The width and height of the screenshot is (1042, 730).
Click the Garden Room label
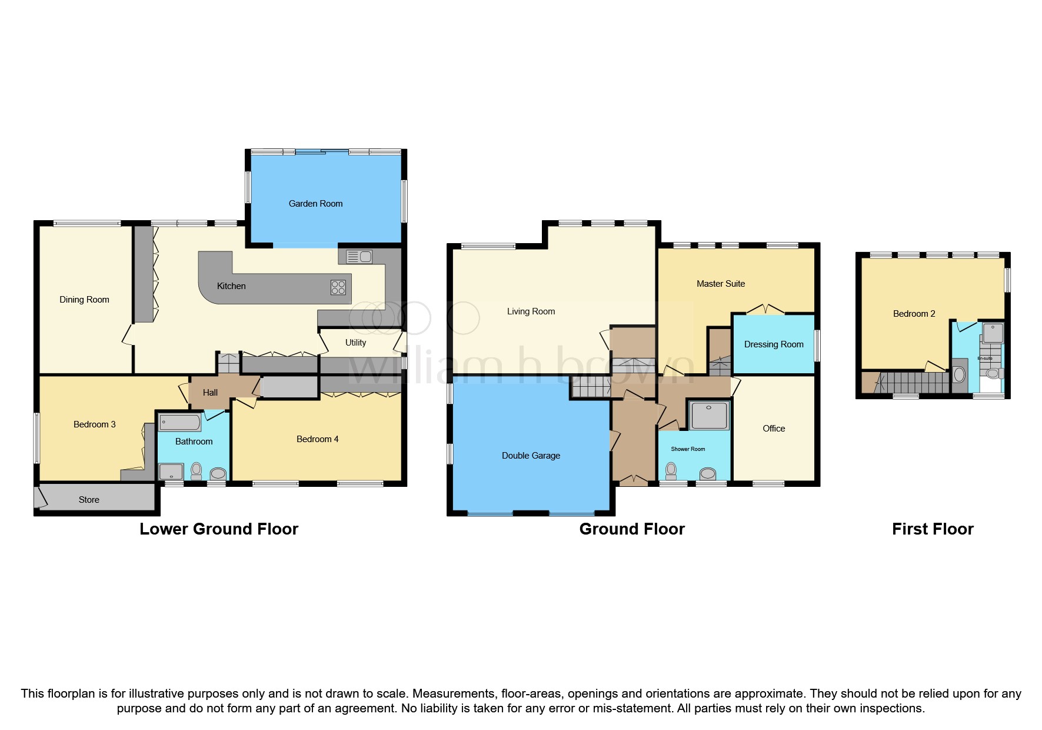(315, 204)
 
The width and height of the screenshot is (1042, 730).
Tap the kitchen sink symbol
(359, 257)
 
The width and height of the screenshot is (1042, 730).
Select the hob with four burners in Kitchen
(338, 287)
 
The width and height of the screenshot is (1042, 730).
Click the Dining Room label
(84, 300)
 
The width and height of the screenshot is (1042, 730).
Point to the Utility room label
(355, 343)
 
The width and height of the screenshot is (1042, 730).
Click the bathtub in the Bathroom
(180, 422)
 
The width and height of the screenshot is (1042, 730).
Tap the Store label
(89, 500)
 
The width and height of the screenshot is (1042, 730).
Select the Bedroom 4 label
(317, 439)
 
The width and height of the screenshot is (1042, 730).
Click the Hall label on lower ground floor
(210, 393)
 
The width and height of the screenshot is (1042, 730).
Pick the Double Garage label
(531, 456)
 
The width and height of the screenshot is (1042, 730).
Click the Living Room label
(531, 311)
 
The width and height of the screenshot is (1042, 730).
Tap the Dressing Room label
(773, 344)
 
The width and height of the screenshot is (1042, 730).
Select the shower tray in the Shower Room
(709, 416)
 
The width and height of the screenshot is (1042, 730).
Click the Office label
(773, 429)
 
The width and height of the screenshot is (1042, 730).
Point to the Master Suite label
(720, 284)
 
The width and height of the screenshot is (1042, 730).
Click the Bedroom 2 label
(914, 314)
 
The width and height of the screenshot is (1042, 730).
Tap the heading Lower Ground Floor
(219, 529)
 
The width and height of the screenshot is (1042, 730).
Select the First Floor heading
(932, 529)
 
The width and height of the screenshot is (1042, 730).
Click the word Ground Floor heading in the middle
(632, 529)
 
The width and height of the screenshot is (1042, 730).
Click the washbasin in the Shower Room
(708, 474)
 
